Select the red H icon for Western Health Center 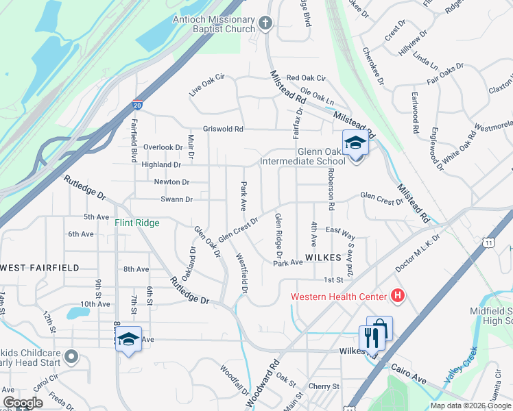[396, 296]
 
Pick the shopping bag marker [379, 328]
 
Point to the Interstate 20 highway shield [138, 103]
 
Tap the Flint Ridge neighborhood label [137, 223]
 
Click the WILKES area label [323, 256]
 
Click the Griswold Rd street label [223, 129]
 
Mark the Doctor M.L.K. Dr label [435, 243]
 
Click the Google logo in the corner [23, 403]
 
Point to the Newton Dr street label [171, 182]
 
